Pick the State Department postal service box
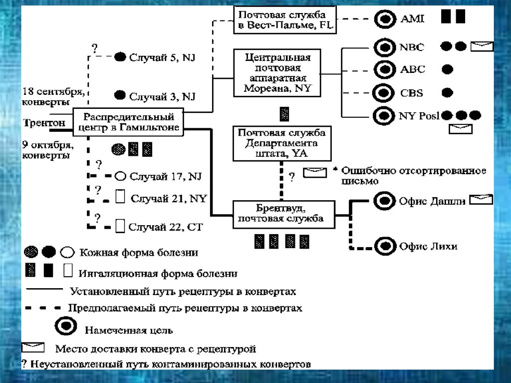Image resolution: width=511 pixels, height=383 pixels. [x=281, y=144]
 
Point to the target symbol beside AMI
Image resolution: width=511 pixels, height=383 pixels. [x=384, y=19]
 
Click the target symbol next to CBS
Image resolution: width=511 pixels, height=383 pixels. [x=384, y=92]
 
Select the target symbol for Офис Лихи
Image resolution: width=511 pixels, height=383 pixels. [x=384, y=246]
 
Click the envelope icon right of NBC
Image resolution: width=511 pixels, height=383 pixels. [x=482, y=47]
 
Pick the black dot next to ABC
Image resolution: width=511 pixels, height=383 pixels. [x=448, y=69]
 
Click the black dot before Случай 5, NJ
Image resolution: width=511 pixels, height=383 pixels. [x=120, y=57]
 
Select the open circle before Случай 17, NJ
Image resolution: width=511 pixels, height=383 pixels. [x=120, y=176]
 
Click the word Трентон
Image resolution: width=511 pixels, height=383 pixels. [x=43, y=123]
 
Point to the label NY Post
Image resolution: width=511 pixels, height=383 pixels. [x=419, y=116]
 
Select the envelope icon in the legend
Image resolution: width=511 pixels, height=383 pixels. [x=33, y=348]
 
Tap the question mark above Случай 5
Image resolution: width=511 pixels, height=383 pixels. [x=94, y=48]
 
